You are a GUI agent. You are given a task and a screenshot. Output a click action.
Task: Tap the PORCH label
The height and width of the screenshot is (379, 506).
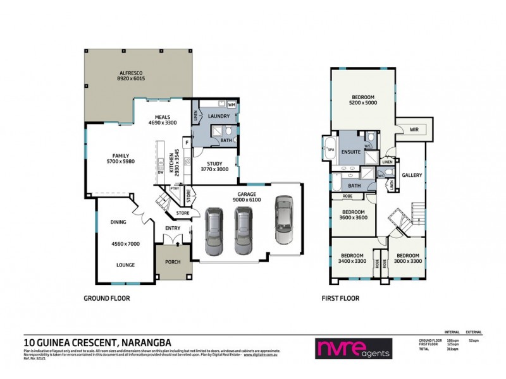coord(173,262)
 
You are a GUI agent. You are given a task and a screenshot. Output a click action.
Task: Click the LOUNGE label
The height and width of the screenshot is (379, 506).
coord(124,265)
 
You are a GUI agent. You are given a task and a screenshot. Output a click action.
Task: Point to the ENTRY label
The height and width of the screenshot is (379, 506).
coord(173,228)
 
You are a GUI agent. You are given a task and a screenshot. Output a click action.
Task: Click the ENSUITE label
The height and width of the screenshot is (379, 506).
coord(350,152)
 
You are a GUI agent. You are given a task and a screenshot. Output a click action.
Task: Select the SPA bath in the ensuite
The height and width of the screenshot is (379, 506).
coord(330,150)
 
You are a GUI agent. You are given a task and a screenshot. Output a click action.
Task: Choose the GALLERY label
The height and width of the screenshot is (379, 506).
coord(412,175)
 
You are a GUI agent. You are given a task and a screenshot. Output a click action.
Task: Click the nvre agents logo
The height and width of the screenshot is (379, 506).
coord(353,348)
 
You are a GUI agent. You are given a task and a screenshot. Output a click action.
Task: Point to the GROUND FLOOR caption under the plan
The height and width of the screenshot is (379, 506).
coord(107,298)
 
